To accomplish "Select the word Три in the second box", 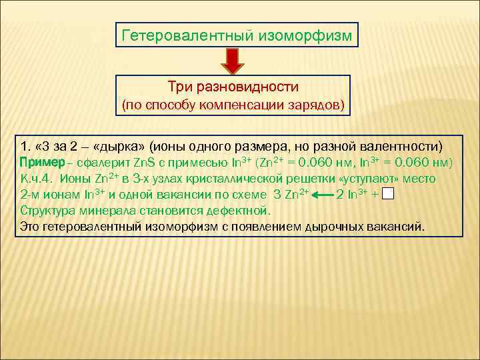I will click(x=180, y=87).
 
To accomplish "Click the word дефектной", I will click(x=233, y=211).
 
